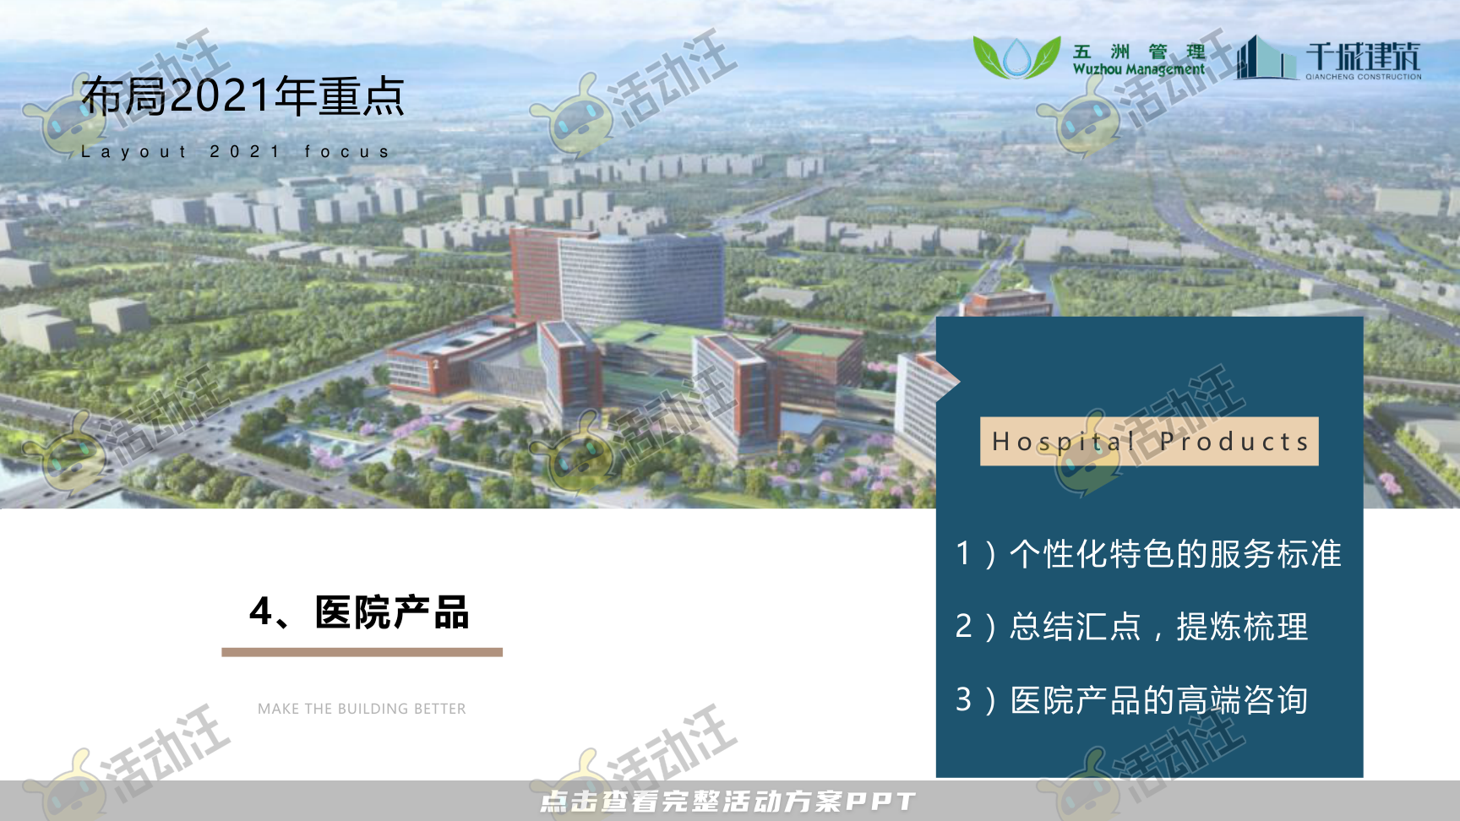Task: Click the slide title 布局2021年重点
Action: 242,96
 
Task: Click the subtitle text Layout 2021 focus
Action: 236,152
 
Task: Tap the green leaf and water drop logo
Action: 1016,57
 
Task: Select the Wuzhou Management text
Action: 1138,69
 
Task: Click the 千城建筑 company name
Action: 1363,57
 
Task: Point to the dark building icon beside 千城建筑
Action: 1264,59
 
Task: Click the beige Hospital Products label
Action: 1149,441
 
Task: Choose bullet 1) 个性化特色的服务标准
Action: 1148,554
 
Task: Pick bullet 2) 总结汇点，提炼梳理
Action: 1131,627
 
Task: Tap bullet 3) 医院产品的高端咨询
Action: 1131,700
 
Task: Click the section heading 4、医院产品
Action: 359,612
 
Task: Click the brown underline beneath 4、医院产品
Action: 362,652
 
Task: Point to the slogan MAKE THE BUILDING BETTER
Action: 362,709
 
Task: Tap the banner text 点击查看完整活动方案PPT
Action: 727,801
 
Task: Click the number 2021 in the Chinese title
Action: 221,96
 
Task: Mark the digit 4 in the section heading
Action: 260,612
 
